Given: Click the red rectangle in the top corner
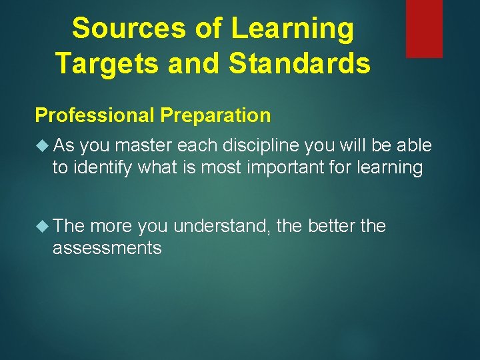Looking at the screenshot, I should click(424, 28).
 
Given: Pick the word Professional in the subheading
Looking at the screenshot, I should click(95, 115).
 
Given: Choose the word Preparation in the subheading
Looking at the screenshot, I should click(215, 115).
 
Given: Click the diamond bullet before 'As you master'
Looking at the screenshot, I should click(43, 145).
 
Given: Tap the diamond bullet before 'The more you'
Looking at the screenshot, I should click(43, 226).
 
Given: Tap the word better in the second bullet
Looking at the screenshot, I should click(332, 226).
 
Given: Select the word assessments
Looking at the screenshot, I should click(107, 248).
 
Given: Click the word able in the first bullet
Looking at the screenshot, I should click(415, 145).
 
